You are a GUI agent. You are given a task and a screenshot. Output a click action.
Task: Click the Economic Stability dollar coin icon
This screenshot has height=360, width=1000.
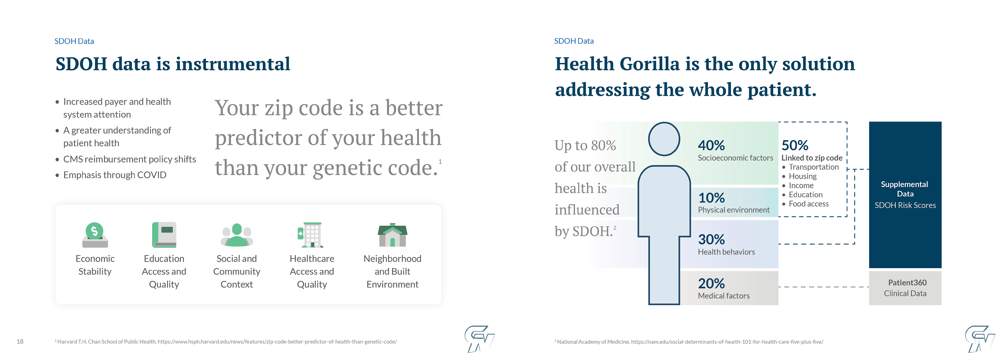95,234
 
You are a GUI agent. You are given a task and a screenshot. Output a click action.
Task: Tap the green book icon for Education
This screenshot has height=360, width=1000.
164,234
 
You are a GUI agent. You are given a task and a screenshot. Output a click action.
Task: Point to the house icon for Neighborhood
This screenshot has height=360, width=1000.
392,235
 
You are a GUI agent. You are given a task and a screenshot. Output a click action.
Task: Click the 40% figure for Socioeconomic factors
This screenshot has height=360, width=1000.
711,145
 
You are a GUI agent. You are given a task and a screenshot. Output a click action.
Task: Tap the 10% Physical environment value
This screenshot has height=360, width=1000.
711,198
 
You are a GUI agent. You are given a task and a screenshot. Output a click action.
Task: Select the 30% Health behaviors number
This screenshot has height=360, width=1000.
711,239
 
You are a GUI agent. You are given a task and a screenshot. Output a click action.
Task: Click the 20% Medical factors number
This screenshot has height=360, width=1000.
711,283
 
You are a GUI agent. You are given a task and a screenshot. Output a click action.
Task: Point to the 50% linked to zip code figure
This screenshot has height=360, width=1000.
795,145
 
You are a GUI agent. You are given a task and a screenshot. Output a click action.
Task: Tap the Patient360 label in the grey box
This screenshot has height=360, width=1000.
907,283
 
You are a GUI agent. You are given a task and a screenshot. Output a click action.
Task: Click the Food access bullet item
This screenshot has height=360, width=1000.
809,204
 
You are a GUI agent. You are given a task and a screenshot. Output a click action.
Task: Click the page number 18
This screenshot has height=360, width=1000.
20,342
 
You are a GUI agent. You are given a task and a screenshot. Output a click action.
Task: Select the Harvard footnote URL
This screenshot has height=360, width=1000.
277,342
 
